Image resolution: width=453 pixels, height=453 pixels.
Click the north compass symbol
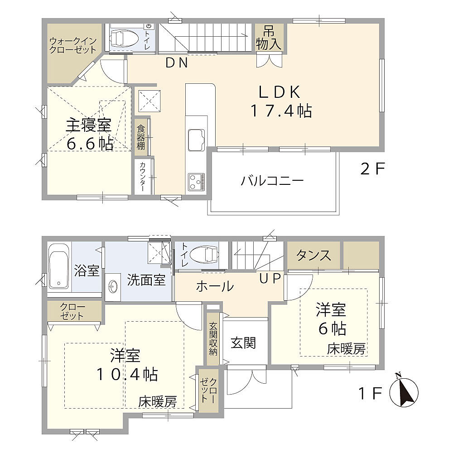click(404, 392)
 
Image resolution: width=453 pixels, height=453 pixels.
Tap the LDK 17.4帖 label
click(280, 101)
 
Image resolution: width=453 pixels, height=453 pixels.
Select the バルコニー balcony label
click(272, 181)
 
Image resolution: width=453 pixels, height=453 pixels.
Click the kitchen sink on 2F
click(197, 140)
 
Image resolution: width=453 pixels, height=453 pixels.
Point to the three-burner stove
click(197, 182)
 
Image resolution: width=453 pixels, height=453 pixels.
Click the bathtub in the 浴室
click(58, 267)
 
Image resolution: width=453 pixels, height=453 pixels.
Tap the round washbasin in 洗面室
click(112, 287)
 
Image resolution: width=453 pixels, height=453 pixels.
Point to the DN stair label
click(177, 63)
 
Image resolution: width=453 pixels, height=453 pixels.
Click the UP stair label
click(270, 278)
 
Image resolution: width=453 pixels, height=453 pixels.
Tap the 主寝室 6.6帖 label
click(89, 135)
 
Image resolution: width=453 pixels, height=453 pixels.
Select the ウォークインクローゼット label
click(73, 45)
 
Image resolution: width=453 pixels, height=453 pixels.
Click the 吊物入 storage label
click(269, 38)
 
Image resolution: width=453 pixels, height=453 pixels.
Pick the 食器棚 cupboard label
click(141, 137)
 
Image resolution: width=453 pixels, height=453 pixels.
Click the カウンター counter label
click(142, 177)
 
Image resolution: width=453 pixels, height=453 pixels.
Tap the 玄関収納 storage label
click(213, 338)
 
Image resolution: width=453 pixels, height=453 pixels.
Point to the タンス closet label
click(313, 255)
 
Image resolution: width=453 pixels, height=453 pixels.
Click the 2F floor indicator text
click(372, 169)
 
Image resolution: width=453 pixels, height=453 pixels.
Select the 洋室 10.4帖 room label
click(126, 365)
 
